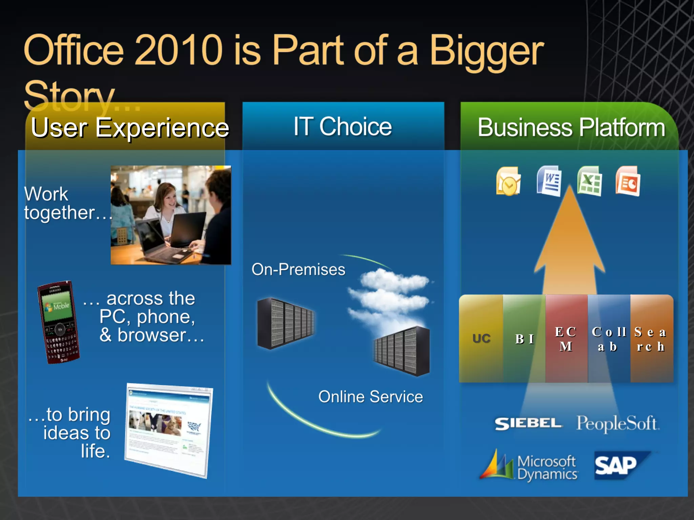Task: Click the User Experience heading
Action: point(130,128)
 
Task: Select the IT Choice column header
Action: point(343,127)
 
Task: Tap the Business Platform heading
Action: point(571,128)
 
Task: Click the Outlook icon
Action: point(508,181)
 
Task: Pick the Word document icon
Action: point(549,181)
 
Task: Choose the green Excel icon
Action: point(590,181)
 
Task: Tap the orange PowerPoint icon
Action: point(628,181)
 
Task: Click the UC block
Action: point(481,339)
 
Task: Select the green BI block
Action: point(525,339)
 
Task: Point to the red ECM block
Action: point(566,339)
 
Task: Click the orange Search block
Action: point(651,339)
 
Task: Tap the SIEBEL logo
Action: point(528,423)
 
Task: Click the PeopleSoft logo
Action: point(617,423)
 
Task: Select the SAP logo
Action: point(617,465)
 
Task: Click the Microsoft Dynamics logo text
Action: point(547,468)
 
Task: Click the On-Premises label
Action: point(298,269)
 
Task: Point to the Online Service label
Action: point(370,396)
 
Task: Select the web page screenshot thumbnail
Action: point(168,430)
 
